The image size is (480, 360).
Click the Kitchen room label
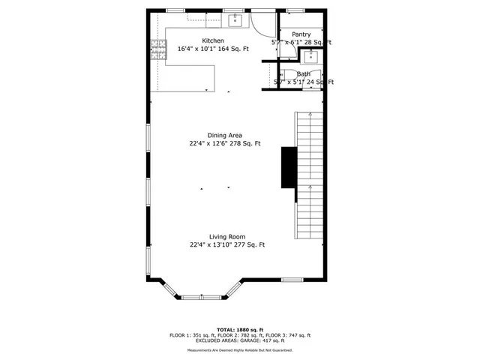click(x=212, y=40)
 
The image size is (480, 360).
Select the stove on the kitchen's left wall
click(x=157, y=50)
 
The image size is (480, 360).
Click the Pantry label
click(x=301, y=34)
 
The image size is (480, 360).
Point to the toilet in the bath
click(x=310, y=84)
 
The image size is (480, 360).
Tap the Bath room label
click(x=303, y=74)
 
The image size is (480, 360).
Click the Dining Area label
click(x=224, y=135)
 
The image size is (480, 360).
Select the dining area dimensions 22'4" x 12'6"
click(x=224, y=143)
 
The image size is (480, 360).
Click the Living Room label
click(x=226, y=236)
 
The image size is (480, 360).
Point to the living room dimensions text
click(x=226, y=244)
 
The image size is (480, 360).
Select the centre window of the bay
click(x=202, y=297)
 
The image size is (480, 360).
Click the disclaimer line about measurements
click(x=239, y=349)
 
